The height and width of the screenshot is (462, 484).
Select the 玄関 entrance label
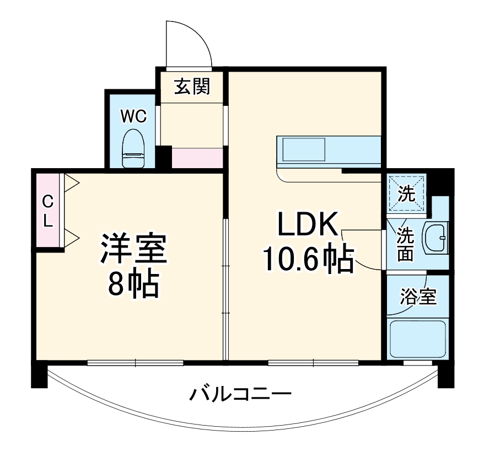coord(192,87)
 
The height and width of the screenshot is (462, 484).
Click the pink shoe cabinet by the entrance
coord(197,158)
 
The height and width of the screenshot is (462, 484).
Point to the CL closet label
coord(48,211)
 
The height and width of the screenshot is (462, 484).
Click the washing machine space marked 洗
coord(407,194)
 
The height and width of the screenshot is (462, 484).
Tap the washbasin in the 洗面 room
coord(435,239)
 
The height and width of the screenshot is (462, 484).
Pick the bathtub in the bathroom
coord(417,338)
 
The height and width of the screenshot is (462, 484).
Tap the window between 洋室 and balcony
coord(135,362)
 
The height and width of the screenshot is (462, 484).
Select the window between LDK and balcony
coord(313,362)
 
